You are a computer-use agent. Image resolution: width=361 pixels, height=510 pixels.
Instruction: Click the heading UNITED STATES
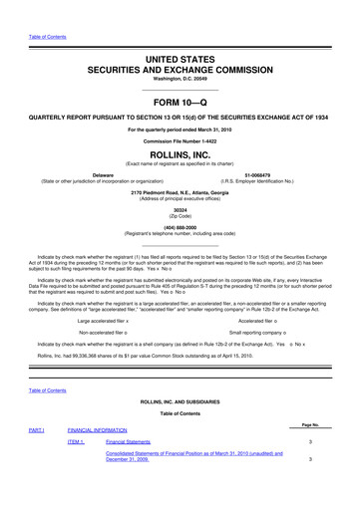click(x=180, y=61)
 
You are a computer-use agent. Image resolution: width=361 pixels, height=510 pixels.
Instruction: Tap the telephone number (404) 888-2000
click(x=180, y=255)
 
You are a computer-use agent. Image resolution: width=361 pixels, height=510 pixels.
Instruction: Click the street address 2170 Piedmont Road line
click(x=180, y=220)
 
